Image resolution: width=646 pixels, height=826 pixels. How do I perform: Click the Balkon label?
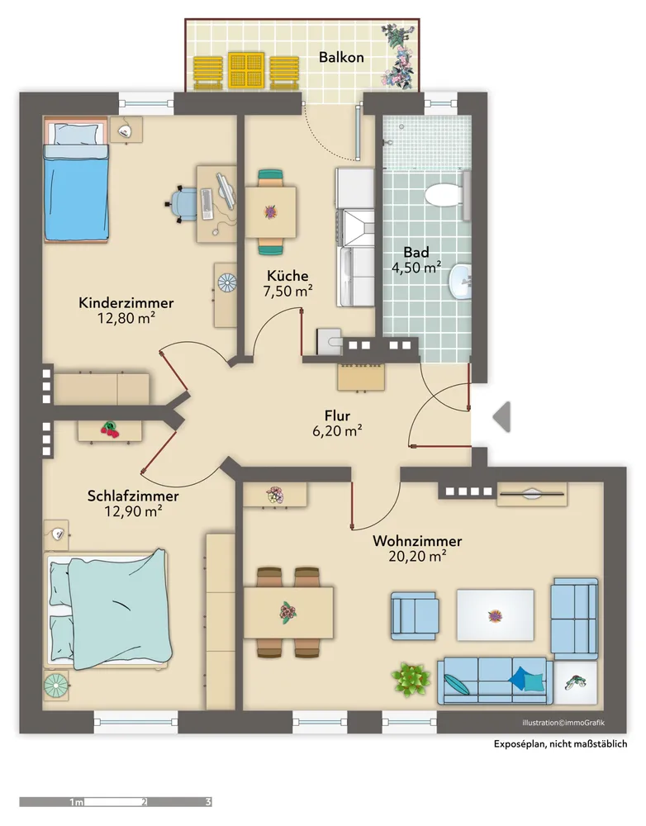(x=341, y=57)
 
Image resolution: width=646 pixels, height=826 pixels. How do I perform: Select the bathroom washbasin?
(x=460, y=282)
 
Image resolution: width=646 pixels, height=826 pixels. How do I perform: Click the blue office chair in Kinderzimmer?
(x=183, y=204)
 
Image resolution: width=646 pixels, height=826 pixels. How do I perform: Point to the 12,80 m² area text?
(x=126, y=318)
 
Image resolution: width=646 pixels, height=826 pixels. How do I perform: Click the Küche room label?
(x=287, y=276)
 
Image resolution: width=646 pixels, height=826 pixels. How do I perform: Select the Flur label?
(x=337, y=415)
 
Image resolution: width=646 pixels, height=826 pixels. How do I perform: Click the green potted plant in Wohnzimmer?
(x=411, y=680)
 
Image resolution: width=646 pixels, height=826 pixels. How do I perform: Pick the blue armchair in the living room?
(x=414, y=616)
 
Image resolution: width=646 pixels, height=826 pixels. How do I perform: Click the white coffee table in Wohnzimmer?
(x=495, y=615)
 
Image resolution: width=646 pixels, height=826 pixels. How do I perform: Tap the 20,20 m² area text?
(x=417, y=556)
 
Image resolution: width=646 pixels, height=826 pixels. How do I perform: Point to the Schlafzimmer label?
(x=133, y=496)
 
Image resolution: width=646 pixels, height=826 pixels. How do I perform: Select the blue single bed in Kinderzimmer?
(x=76, y=181)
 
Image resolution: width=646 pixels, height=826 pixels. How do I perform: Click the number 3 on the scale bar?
(x=208, y=802)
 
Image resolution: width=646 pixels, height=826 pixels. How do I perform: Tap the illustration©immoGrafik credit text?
(x=563, y=723)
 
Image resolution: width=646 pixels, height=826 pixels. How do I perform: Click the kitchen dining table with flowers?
(x=270, y=212)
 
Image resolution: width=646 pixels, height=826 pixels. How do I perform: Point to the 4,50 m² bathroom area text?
(x=416, y=268)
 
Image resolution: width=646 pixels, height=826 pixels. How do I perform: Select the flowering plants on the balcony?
(x=399, y=56)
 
